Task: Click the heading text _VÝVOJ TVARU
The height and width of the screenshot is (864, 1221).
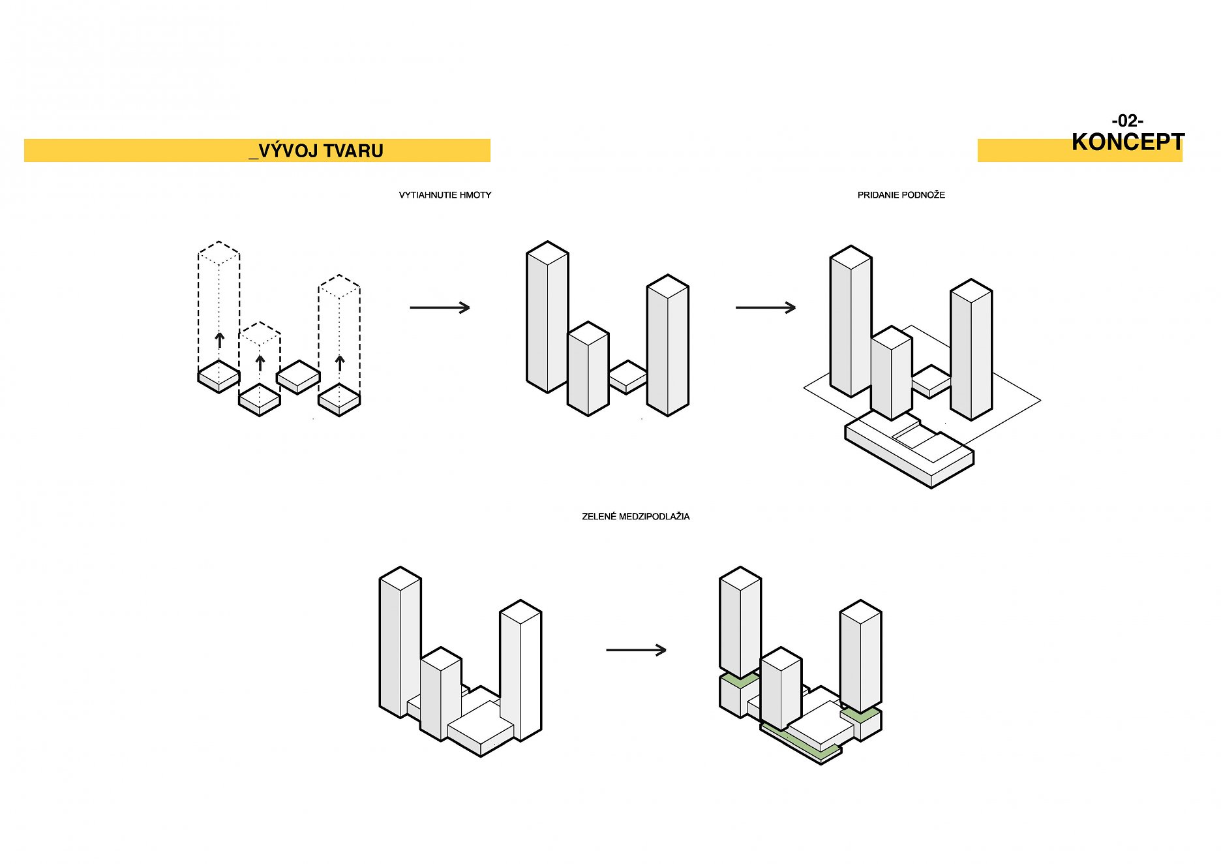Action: [x=316, y=151]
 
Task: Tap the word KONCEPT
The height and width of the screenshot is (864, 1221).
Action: [x=1127, y=142]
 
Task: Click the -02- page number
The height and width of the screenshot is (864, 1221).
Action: [x=1127, y=121]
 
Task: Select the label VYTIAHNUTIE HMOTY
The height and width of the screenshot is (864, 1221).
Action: [x=445, y=195]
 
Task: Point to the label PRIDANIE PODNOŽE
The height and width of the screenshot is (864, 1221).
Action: [x=901, y=195]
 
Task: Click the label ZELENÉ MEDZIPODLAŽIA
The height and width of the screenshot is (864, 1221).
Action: [x=635, y=516]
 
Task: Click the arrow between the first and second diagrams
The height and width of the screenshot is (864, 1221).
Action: [x=440, y=307]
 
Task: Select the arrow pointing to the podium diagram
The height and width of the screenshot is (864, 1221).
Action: [x=765, y=307]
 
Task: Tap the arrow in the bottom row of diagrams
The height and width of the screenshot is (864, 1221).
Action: [x=636, y=650]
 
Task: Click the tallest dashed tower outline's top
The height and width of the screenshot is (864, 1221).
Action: [x=219, y=252]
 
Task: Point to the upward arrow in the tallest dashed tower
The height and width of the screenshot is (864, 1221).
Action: [x=220, y=340]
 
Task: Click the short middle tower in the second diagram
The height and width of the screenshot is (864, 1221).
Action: [x=588, y=369]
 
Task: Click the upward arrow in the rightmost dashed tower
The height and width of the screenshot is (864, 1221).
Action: [x=340, y=363]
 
